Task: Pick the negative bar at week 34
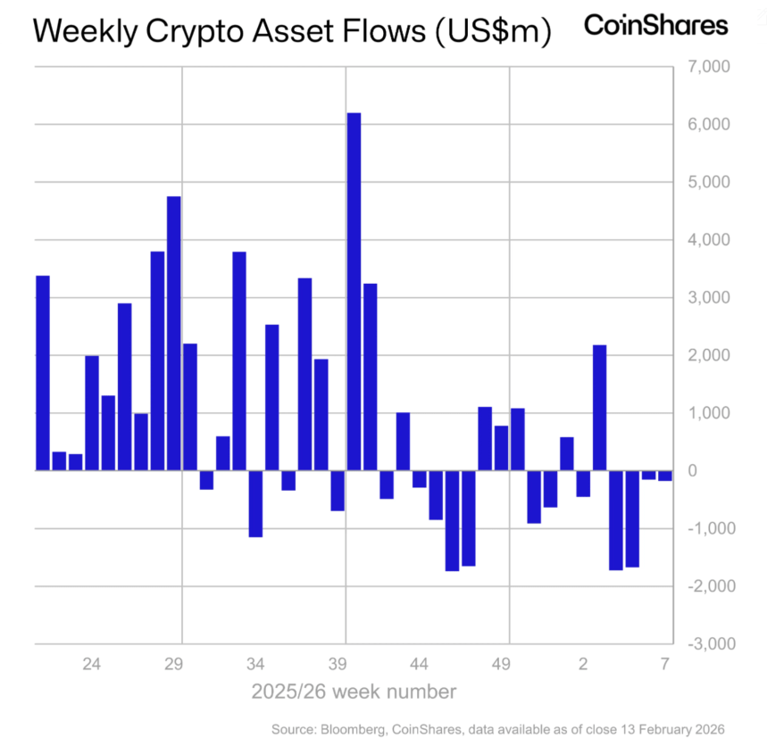point(255,503)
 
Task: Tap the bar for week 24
point(92,412)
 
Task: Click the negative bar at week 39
point(338,490)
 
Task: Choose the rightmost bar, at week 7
point(664,475)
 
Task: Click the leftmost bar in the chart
point(43,372)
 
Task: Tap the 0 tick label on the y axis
point(719,470)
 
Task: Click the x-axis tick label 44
point(419,665)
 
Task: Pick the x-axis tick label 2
point(582,665)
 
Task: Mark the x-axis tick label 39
point(338,665)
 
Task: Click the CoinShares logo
point(655,25)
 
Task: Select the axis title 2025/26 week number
point(354,692)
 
